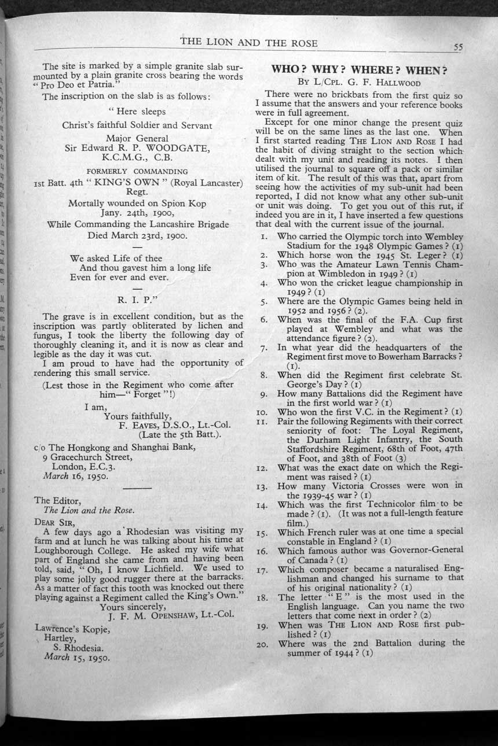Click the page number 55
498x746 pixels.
point(458,48)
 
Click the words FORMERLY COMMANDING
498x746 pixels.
point(137,171)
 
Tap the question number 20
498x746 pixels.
point(261,643)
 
